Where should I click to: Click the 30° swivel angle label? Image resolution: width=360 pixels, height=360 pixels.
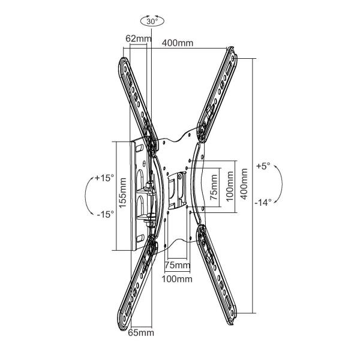[x=152, y=22]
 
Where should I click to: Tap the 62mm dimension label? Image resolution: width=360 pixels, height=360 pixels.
[x=139, y=38]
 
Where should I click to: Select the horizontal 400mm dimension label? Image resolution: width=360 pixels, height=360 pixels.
[x=178, y=43]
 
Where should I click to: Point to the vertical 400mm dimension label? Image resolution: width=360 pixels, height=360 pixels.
[x=244, y=184]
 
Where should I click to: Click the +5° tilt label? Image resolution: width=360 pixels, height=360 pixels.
[x=263, y=166]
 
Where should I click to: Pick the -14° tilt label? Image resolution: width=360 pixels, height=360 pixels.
[x=263, y=203]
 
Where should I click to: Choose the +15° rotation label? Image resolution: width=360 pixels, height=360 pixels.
[x=104, y=178]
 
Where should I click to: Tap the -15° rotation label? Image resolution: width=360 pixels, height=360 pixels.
[x=106, y=214]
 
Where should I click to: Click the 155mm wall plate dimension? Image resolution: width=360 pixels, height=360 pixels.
[x=122, y=193]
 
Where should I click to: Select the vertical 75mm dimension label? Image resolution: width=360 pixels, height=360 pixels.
[x=214, y=187]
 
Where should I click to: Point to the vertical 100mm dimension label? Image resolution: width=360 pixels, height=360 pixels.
[x=230, y=186]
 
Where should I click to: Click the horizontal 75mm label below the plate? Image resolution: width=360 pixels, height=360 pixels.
[x=178, y=265]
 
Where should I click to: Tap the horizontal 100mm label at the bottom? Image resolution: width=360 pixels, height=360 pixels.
[x=177, y=279]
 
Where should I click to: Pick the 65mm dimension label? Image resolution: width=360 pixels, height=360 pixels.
[x=141, y=332]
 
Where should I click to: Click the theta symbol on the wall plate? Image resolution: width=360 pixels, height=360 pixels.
[x=144, y=164]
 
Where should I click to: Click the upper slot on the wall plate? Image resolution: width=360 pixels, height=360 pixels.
[x=139, y=149]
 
